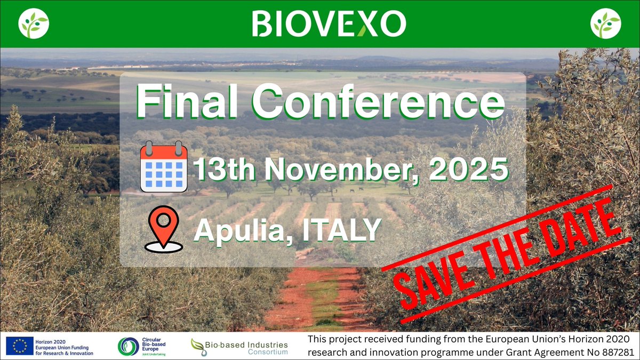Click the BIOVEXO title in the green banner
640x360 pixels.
329,24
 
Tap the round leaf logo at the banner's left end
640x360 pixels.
34,24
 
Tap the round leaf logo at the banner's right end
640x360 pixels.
606,24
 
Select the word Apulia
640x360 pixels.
238,230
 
